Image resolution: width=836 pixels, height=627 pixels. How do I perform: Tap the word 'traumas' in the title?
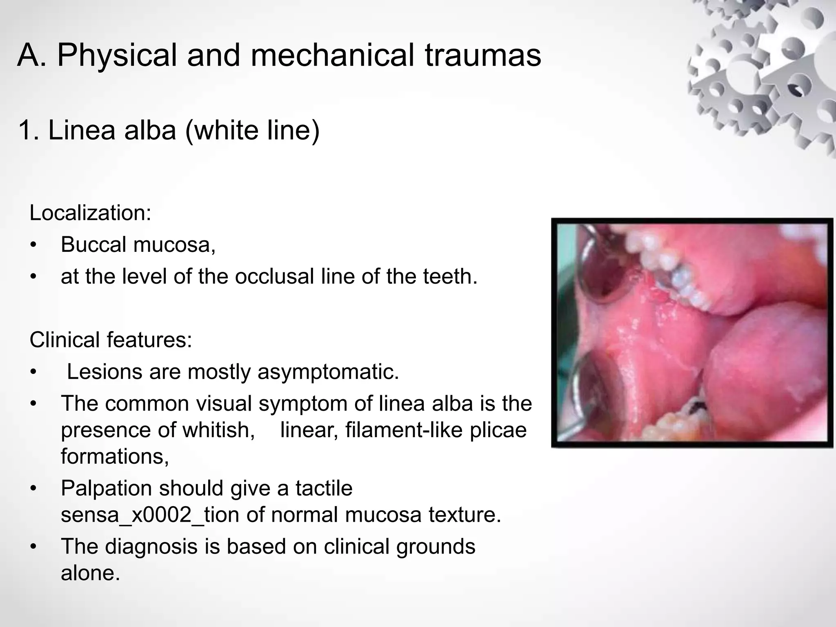coord(483,55)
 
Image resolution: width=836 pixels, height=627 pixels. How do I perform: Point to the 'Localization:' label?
coord(90,213)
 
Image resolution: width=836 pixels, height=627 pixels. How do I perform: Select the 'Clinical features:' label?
coord(111,340)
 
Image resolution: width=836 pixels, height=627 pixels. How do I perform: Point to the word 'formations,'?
coord(115,456)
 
